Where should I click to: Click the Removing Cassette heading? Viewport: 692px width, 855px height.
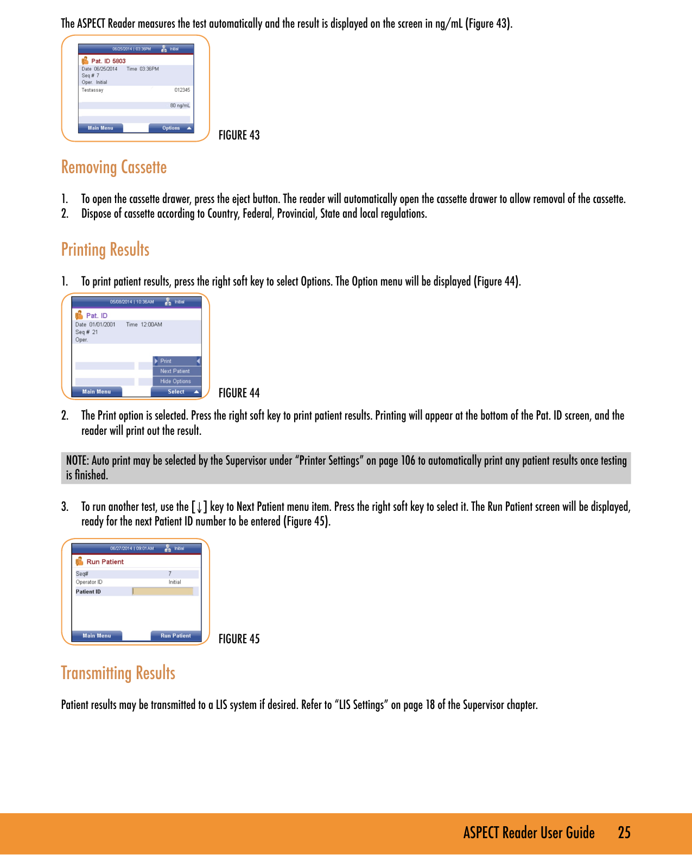pos(114,167)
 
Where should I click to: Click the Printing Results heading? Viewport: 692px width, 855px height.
pos(105,250)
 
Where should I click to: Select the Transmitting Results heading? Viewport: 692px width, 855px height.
pos(118,673)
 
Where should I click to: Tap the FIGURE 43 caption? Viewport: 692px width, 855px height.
pos(239,135)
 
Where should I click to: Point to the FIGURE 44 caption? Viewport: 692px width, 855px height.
pos(239,392)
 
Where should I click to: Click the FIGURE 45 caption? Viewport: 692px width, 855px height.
pos(239,639)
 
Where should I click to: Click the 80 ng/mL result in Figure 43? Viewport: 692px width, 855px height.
pos(180,105)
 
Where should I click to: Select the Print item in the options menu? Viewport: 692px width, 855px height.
pos(166,361)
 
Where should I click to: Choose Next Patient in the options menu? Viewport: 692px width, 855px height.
pos(175,371)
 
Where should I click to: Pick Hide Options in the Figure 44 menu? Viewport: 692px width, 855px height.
pos(175,381)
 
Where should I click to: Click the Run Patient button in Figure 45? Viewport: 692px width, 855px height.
pos(175,636)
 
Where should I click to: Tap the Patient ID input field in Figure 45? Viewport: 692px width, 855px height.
pos(163,591)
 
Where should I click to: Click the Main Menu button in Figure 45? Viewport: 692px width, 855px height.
pos(97,636)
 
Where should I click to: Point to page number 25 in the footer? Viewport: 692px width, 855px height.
pos(624,833)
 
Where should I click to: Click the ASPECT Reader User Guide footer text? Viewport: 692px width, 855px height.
pos(529,833)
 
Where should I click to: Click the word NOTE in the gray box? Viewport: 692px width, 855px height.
pos(77,460)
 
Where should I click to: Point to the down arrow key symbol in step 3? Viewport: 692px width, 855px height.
pos(199,507)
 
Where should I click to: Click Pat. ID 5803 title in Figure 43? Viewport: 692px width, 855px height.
pos(108,61)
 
